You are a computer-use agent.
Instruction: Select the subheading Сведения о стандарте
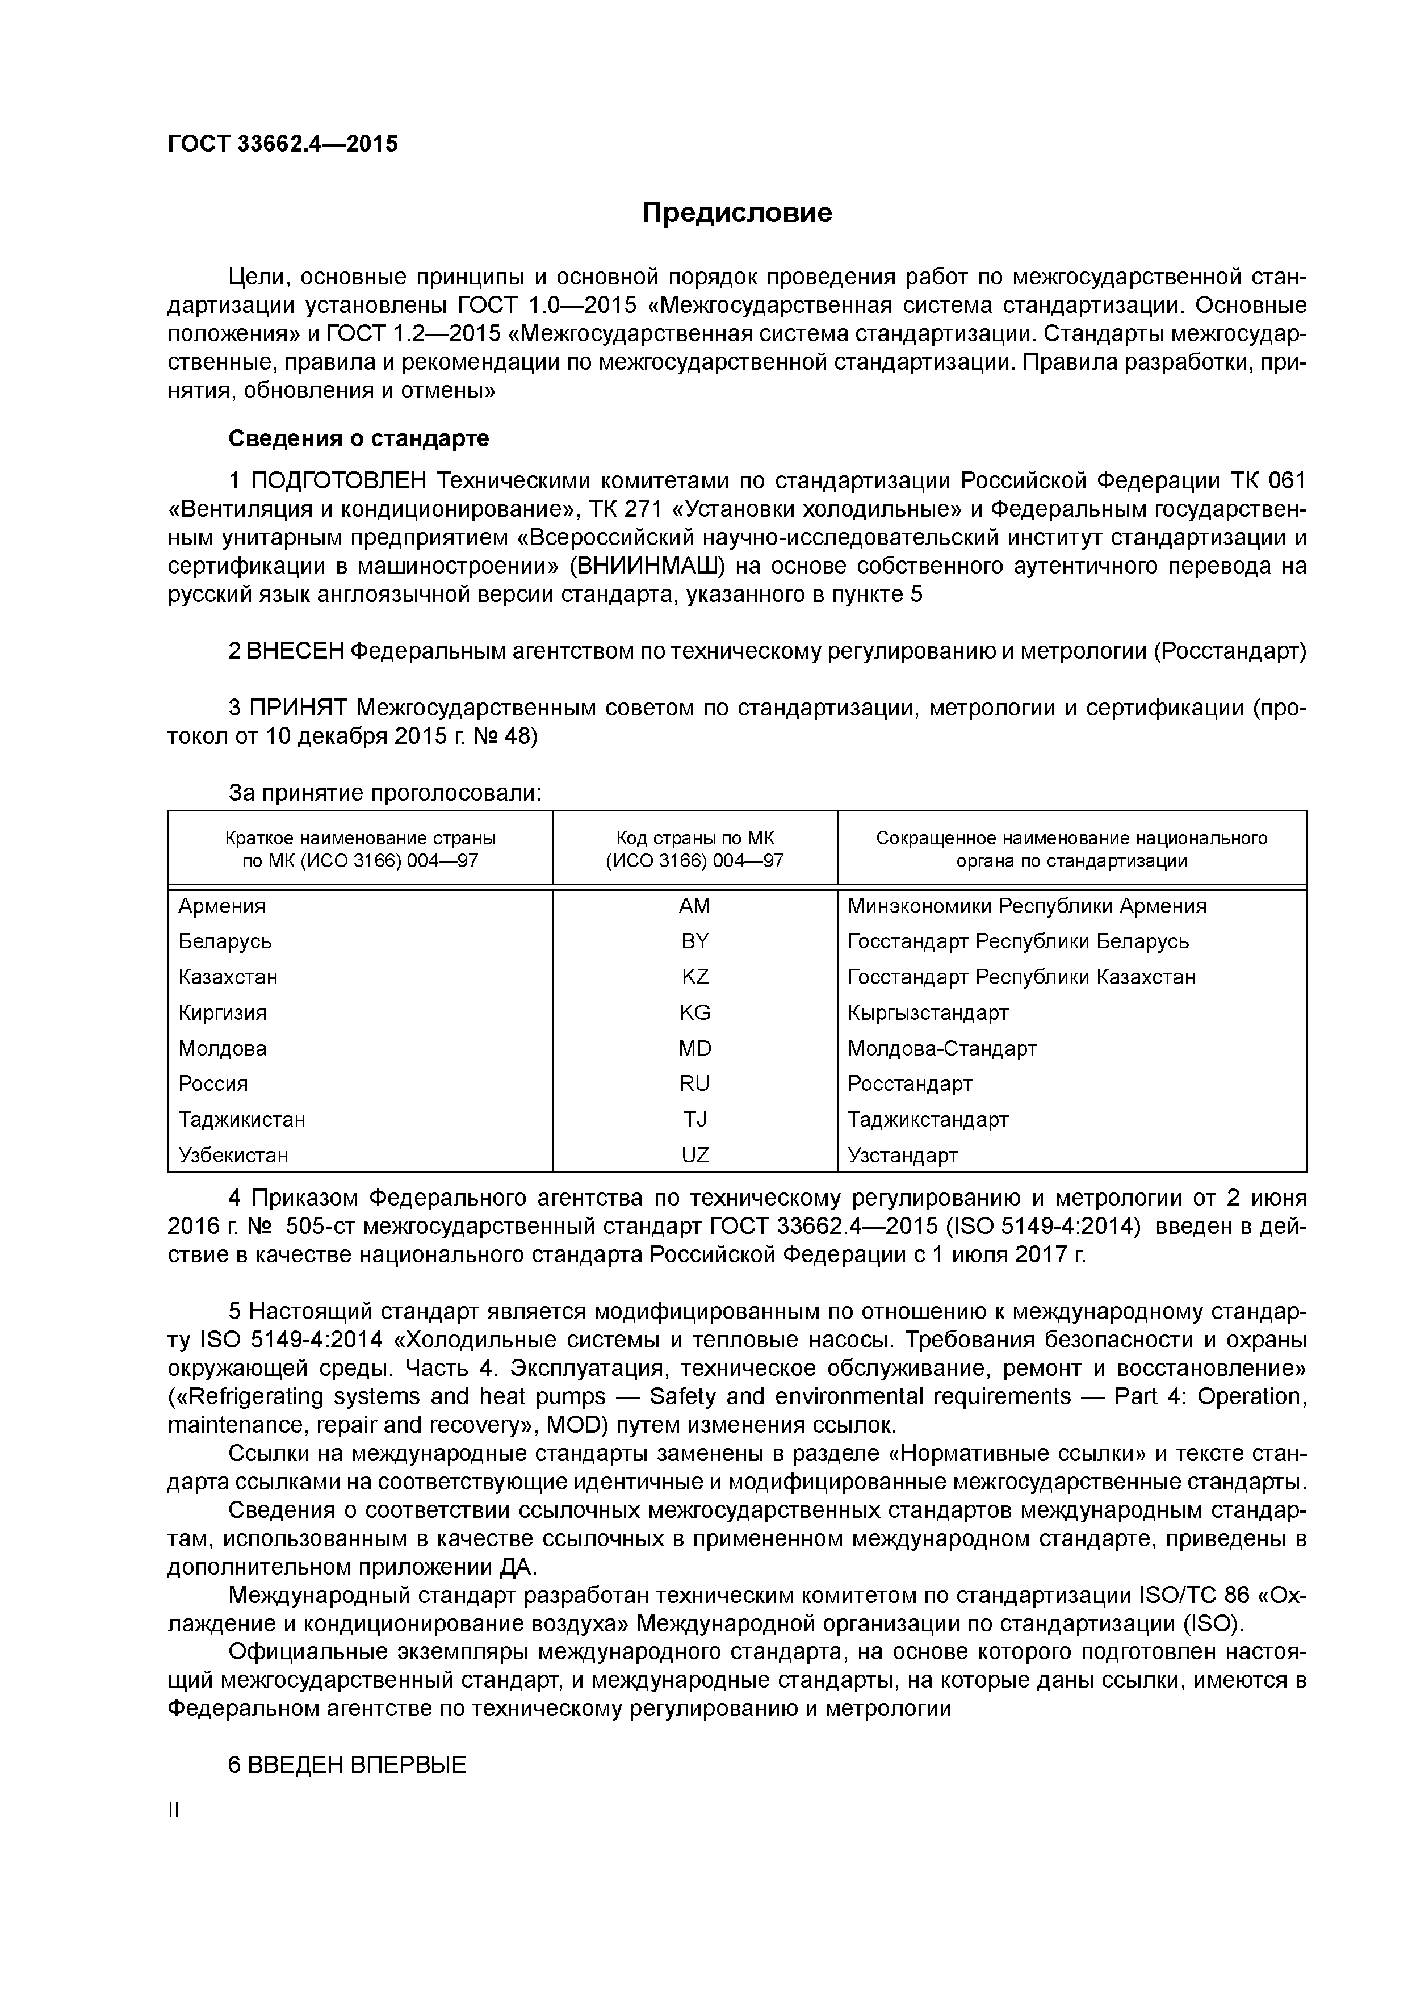358,439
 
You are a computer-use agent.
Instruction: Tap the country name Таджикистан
241,1120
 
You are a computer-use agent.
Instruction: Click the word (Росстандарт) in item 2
1229,651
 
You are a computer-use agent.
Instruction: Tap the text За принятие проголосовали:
384,793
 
